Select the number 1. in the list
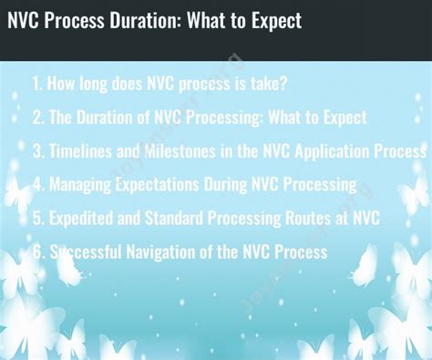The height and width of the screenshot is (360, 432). pos(37,84)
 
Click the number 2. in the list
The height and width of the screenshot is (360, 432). pos(37,118)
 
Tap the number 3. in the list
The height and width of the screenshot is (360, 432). pos(37,150)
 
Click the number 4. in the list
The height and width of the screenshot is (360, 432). pos(37,184)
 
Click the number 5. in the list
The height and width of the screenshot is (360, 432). pos(37,218)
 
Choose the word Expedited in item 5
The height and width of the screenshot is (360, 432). pos(85,218)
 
